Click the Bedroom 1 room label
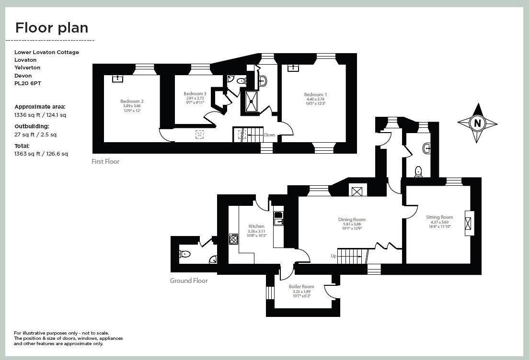point(315,95)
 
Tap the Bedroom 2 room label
point(132,101)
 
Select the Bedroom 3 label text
point(195,94)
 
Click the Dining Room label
point(352,219)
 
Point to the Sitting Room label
point(439,217)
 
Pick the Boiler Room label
point(301,287)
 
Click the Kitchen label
point(256,226)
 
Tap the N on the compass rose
point(477,123)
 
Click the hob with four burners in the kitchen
point(233,239)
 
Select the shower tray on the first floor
point(251,101)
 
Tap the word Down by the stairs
point(270,135)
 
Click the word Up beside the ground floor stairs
point(333,256)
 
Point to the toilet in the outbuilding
point(185,254)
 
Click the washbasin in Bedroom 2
point(118,79)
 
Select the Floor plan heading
point(52,28)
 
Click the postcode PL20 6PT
point(28,83)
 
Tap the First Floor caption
point(105,161)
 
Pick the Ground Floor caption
point(189,281)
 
